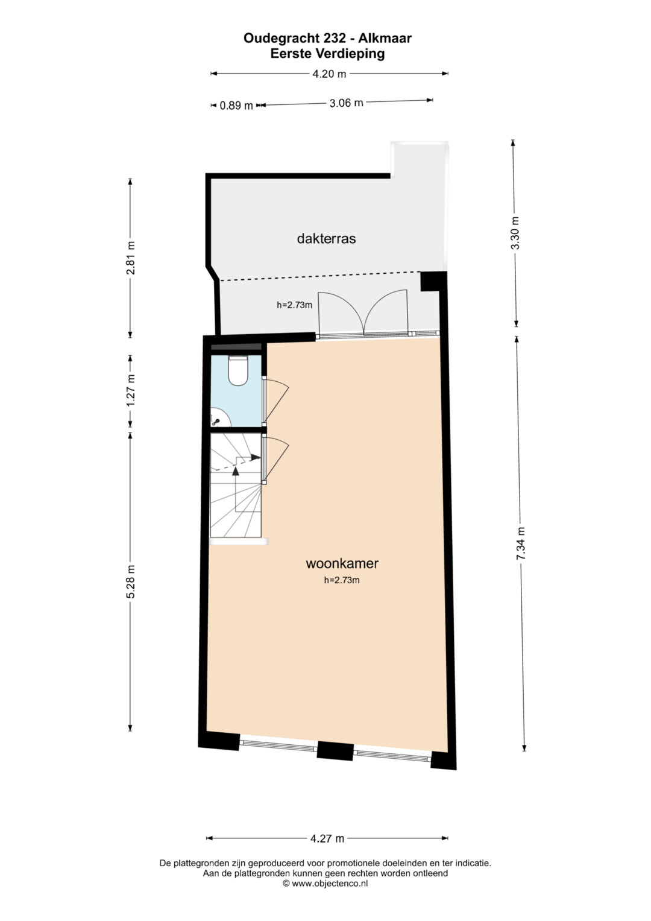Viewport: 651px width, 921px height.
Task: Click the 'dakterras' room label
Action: [x=326, y=238]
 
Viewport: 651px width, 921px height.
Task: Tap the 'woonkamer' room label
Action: [x=342, y=563]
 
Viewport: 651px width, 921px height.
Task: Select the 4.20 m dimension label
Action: [x=329, y=74]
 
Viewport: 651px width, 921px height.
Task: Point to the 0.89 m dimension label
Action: [x=236, y=106]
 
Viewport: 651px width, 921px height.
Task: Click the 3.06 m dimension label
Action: [x=347, y=103]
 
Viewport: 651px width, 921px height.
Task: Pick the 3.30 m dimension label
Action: [x=515, y=233]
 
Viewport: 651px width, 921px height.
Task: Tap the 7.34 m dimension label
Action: [x=521, y=543]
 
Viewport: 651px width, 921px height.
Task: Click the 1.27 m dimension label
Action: [x=131, y=391]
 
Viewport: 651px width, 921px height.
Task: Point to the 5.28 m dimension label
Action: [x=131, y=582]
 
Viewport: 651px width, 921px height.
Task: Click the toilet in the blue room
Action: [x=237, y=370]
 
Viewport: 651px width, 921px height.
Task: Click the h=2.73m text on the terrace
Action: [x=294, y=305]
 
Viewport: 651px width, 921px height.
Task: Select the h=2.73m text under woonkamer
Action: [x=342, y=580]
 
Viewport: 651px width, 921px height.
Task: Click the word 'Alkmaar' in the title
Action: [x=385, y=38]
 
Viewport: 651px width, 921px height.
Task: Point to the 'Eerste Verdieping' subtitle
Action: [x=327, y=54]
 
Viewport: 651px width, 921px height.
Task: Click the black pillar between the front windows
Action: [x=335, y=750]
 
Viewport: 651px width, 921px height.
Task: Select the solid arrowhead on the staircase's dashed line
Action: [x=256, y=457]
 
